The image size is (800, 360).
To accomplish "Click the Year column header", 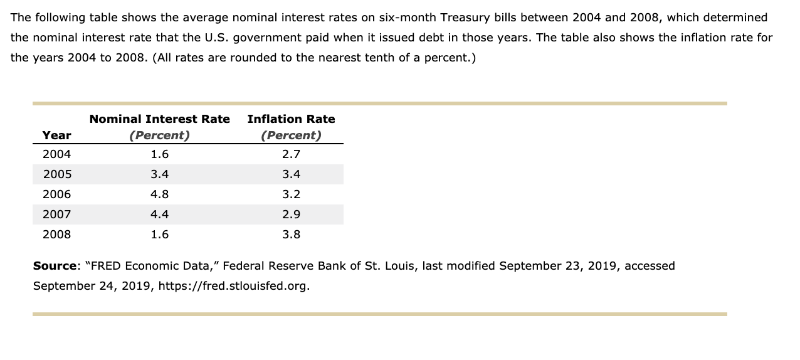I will [x=56, y=135].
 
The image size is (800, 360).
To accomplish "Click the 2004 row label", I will [x=56, y=154].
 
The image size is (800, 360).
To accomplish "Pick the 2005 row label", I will [x=56, y=174].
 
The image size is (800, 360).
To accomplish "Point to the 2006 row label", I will [x=56, y=194].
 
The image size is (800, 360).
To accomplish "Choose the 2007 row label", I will [x=56, y=214].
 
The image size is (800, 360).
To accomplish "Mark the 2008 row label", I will [x=56, y=235].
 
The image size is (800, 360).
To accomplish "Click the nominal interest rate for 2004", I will [x=159, y=154].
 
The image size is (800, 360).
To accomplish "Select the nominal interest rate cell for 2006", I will [x=159, y=194].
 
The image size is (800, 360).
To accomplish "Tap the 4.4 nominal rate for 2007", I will [x=159, y=214].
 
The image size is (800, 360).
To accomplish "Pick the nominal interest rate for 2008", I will [x=159, y=235].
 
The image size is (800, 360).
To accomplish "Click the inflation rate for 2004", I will [x=291, y=154].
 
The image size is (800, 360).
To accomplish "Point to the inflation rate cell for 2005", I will [x=291, y=174].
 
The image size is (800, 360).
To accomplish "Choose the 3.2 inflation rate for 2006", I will [x=291, y=194].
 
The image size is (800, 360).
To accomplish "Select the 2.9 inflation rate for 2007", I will [x=291, y=214].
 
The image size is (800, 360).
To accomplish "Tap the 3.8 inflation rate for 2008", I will [x=291, y=235].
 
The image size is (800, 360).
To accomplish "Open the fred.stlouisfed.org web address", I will [x=234, y=286].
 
